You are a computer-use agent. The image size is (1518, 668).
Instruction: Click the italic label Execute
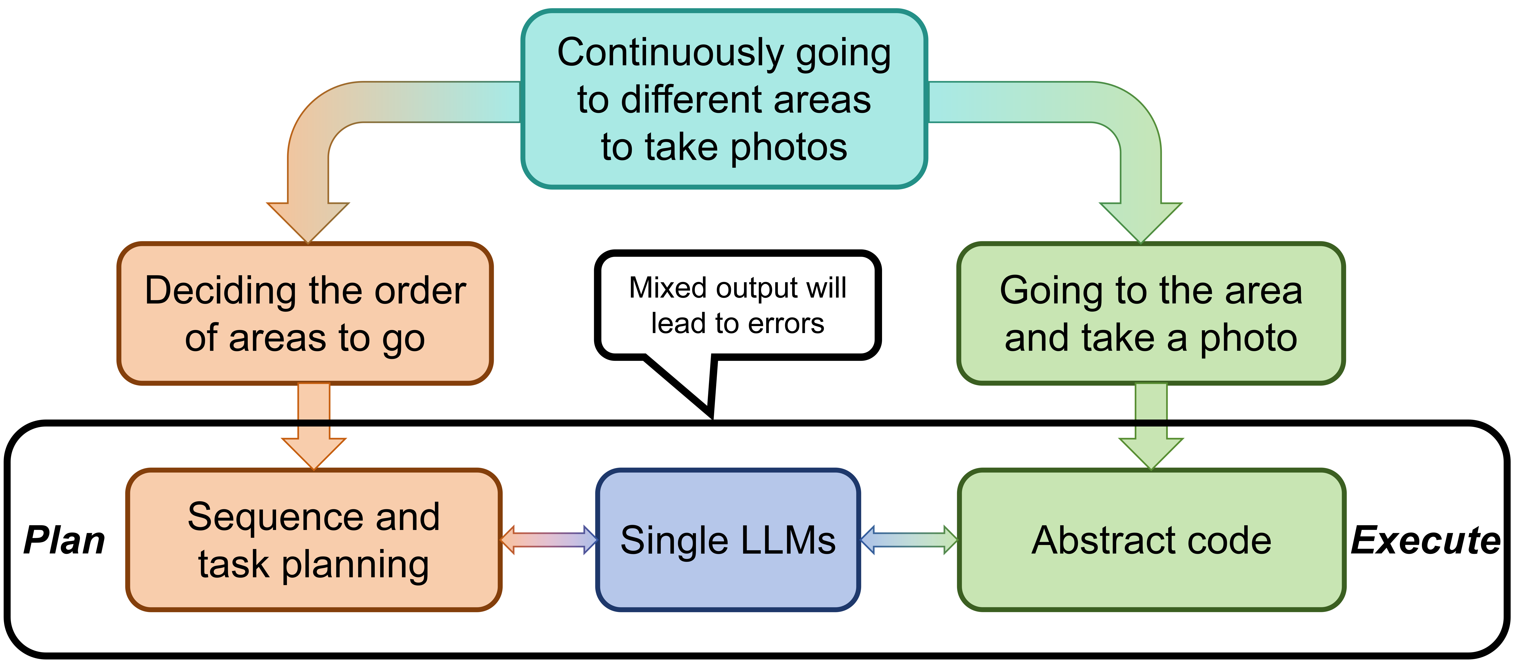(x=1425, y=541)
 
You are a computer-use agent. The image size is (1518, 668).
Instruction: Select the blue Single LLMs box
(x=728, y=540)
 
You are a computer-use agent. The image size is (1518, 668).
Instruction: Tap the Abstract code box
(x=1151, y=540)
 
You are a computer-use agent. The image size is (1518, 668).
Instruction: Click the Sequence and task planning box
(x=313, y=540)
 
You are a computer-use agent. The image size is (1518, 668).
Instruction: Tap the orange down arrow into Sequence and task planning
(x=313, y=430)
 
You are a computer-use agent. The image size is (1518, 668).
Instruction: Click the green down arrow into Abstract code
(x=1151, y=430)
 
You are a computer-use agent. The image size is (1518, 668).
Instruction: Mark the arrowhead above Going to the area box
(x=1141, y=221)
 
